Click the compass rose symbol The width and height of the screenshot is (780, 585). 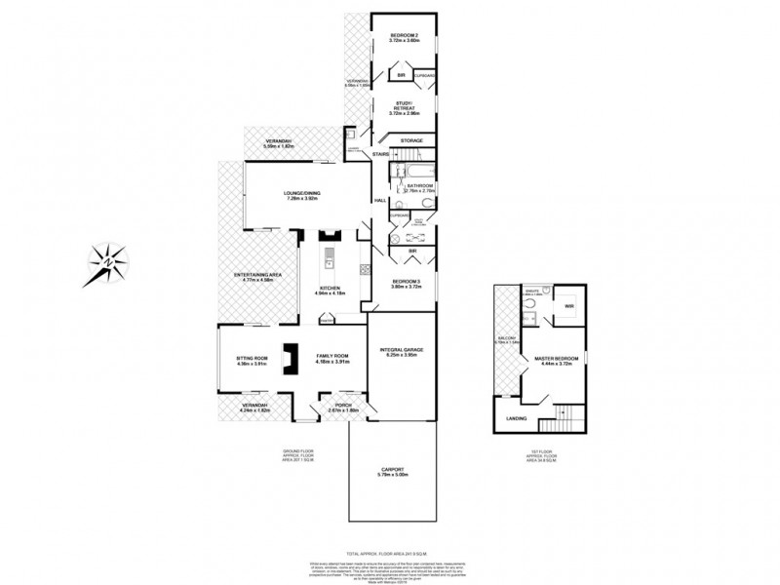(108, 261)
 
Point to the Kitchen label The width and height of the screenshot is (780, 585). (329, 289)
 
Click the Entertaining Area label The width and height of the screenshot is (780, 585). (258, 277)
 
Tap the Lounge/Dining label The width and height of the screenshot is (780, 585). (302, 194)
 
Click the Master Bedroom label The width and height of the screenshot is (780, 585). (557, 359)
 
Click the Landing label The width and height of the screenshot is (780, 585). (517, 420)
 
